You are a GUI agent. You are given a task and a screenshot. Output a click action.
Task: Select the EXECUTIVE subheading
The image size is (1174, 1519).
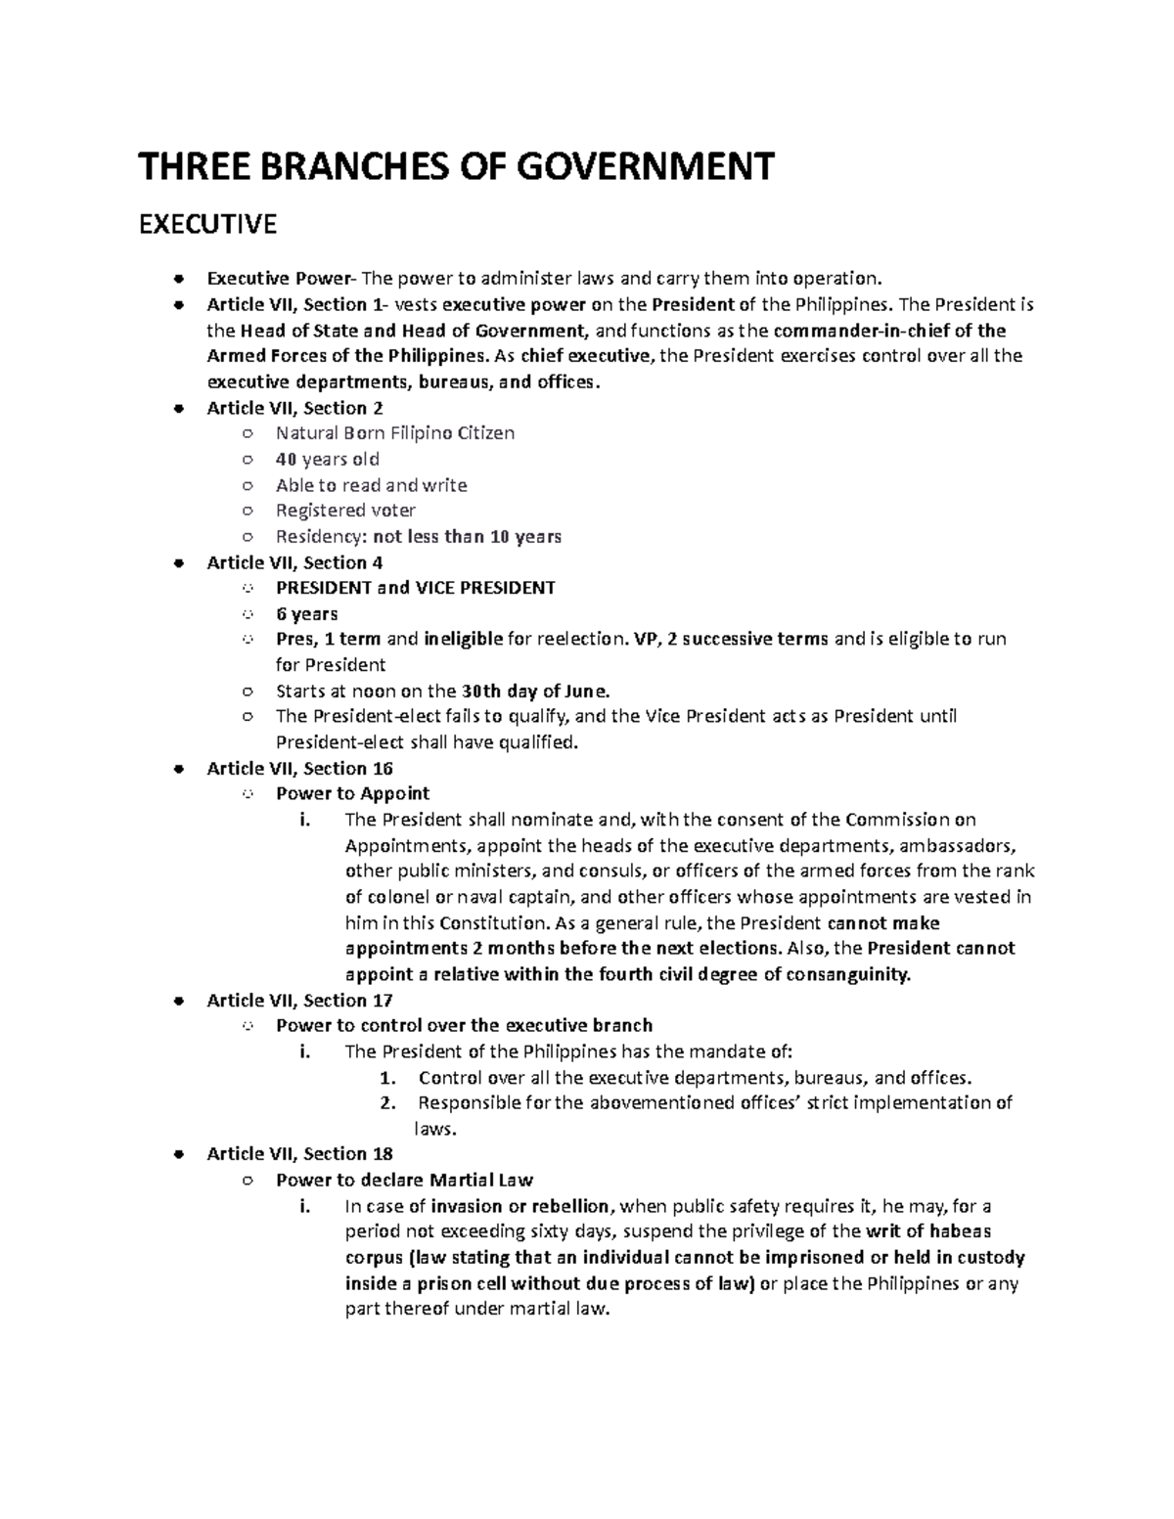click(207, 225)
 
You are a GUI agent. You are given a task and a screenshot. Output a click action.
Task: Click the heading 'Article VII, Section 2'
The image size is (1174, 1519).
click(294, 408)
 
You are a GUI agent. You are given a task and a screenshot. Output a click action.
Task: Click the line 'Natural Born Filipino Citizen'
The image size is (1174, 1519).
click(395, 433)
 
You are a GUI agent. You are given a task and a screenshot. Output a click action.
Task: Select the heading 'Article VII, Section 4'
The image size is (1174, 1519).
click(294, 562)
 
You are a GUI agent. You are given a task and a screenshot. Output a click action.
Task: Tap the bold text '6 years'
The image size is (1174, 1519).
click(306, 614)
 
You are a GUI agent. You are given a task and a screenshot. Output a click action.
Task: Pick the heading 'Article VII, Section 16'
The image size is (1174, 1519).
click(299, 768)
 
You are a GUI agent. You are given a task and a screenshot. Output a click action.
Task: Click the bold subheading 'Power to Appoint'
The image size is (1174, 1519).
click(352, 793)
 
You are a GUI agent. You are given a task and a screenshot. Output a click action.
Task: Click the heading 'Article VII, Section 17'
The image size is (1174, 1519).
click(299, 1000)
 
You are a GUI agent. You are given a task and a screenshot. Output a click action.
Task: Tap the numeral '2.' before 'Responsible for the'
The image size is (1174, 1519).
click(388, 1103)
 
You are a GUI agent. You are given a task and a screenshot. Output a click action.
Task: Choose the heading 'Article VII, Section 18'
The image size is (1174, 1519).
click(299, 1154)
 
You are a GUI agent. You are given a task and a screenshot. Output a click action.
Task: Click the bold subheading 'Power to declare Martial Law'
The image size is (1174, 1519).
click(404, 1180)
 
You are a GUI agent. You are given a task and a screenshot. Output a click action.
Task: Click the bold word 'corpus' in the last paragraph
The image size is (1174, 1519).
click(374, 1258)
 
